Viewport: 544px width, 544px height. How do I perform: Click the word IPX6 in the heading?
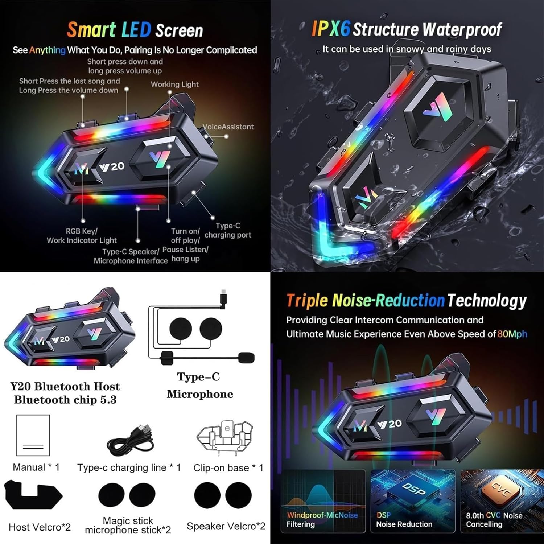click(x=331, y=29)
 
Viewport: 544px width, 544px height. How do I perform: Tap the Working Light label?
click(x=175, y=85)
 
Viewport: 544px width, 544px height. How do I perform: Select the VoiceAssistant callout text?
click(x=228, y=127)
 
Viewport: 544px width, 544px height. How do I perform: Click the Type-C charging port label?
click(x=228, y=230)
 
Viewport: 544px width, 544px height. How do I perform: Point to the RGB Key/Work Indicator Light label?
click(x=82, y=236)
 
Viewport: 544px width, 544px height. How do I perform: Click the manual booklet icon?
click(x=33, y=435)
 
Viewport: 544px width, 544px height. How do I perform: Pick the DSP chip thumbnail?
click(x=413, y=501)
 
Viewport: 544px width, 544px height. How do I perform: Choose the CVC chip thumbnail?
click(x=502, y=501)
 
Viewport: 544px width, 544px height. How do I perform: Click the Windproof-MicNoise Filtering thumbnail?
click(x=323, y=501)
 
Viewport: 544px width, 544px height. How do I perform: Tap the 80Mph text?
click(x=512, y=334)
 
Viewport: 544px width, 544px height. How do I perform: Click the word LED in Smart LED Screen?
click(x=136, y=30)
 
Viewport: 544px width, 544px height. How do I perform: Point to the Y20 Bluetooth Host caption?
click(x=65, y=386)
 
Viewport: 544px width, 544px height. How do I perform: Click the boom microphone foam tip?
click(x=246, y=358)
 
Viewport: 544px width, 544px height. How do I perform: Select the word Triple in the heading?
click(x=307, y=301)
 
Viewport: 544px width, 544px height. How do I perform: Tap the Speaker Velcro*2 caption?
click(x=226, y=526)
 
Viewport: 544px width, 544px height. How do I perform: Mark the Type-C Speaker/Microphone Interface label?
click(x=131, y=256)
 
